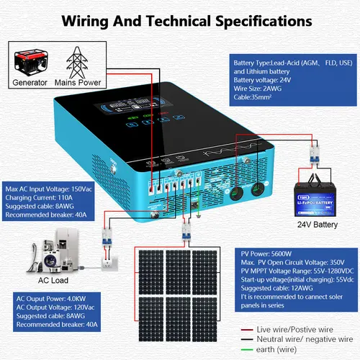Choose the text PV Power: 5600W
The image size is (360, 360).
(x=269, y=253)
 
